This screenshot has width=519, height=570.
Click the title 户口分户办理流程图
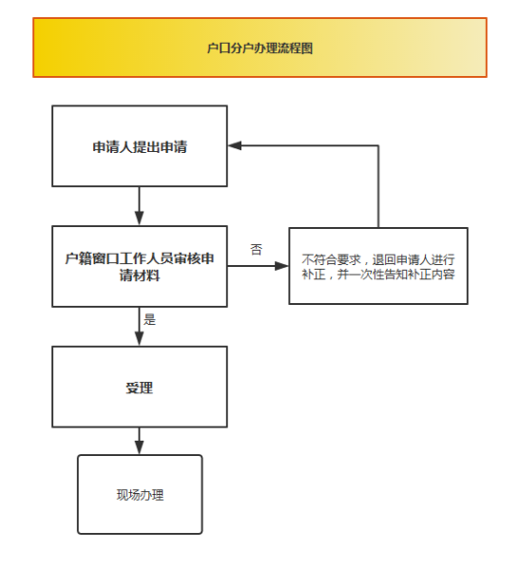[259, 47]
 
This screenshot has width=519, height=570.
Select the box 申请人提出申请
[140, 146]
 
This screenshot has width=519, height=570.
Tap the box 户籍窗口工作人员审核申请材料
[140, 266]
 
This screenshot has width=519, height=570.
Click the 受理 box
[140, 387]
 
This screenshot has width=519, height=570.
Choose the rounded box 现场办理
[140, 494]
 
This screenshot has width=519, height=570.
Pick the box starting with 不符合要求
[378, 266]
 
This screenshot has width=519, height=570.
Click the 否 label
[256, 249]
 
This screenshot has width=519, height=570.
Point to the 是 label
[149, 319]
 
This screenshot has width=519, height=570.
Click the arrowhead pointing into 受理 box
[140, 339]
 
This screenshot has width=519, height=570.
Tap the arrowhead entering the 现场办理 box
[140, 447]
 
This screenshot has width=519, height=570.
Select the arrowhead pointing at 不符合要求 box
[282, 266]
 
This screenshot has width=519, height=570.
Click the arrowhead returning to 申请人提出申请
[235, 145]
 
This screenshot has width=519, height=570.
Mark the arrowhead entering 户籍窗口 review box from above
[140, 218]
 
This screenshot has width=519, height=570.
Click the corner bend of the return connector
[378, 145]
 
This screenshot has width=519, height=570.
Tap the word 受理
[140, 388]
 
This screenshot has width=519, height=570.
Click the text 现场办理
[140, 495]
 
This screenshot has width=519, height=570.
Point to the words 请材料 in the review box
[140, 275]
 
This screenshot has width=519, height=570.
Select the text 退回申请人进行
[413, 259]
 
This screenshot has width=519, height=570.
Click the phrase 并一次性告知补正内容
[396, 275]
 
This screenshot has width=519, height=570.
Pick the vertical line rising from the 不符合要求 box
[378, 186]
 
